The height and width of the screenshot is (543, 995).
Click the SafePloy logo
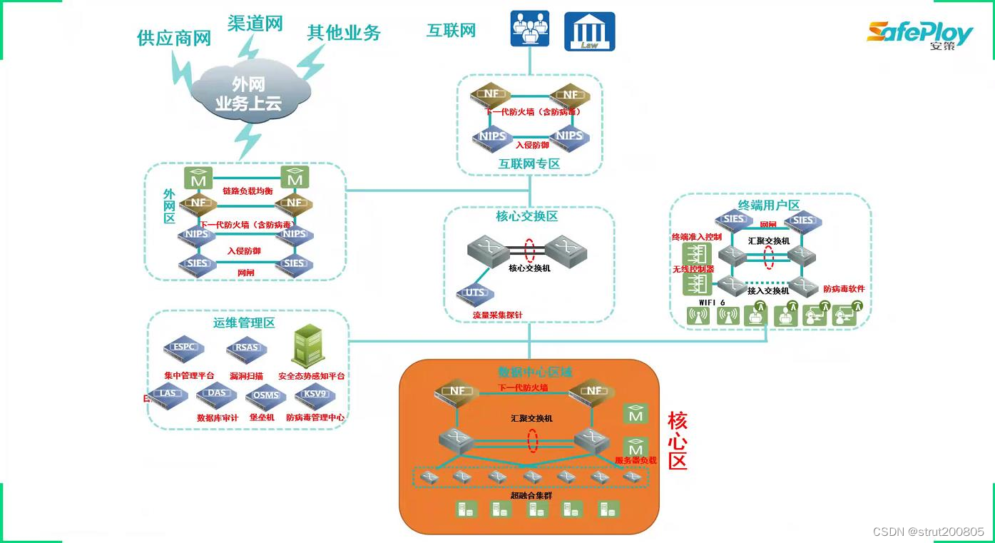(x=919, y=34)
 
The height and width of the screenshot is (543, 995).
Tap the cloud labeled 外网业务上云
(x=248, y=93)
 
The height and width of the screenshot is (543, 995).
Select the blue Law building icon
(x=589, y=31)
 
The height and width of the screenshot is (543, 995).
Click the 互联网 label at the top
(x=451, y=31)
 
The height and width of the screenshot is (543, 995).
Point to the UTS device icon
(x=475, y=293)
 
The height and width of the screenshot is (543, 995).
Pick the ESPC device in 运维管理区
(x=183, y=348)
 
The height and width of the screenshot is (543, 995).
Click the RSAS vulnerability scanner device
(x=247, y=349)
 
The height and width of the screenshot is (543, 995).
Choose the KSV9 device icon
(x=315, y=394)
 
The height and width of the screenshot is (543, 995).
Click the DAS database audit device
(x=217, y=393)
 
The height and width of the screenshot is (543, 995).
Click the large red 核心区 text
(x=678, y=440)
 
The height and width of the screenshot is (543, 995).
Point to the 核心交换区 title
(x=526, y=216)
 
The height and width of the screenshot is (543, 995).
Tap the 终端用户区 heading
(x=769, y=205)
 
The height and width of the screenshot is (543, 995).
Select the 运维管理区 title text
(x=244, y=323)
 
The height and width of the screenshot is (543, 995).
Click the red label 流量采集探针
(x=497, y=314)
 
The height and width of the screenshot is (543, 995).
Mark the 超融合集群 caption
(x=531, y=495)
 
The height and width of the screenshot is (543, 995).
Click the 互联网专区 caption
(x=529, y=164)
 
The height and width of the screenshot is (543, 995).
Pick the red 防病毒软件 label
(x=844, y=289)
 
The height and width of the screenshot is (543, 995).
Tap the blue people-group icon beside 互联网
(x=530, y=29)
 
